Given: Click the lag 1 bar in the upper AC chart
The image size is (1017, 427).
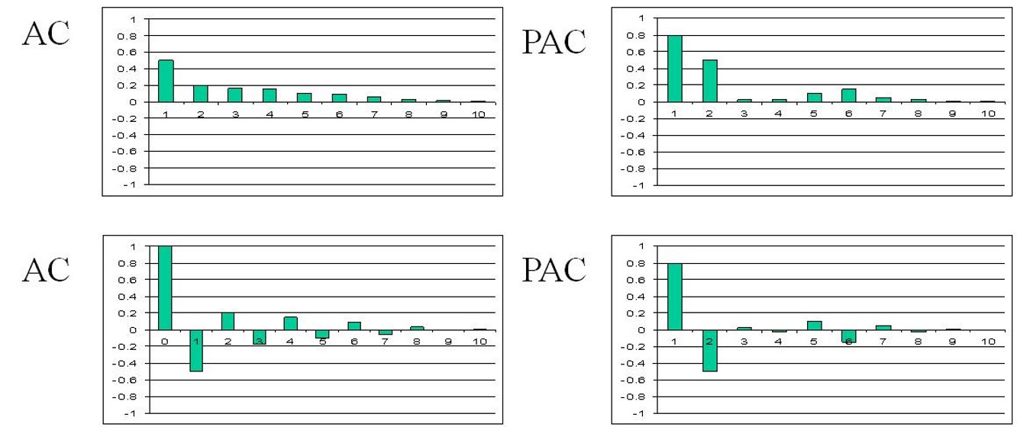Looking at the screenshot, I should (x=166, y=81).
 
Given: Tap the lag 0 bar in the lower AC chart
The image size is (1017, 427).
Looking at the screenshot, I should (x=165, y=288).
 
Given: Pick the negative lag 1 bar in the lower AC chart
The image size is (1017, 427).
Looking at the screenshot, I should (x=195, y=351).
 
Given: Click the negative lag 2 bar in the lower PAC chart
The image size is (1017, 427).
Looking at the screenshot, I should (x=709, y=351).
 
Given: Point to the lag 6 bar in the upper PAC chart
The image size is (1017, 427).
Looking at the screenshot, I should (x=848, y=95).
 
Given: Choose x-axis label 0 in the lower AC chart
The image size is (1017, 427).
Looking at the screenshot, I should (x=165, y=341).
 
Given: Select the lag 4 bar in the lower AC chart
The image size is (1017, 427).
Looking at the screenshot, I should (x=290, y=323).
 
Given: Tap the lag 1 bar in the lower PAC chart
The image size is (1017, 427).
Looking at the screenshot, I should (x=675, y=297).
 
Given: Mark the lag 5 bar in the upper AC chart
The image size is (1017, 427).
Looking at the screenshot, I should (x=304, y=98).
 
